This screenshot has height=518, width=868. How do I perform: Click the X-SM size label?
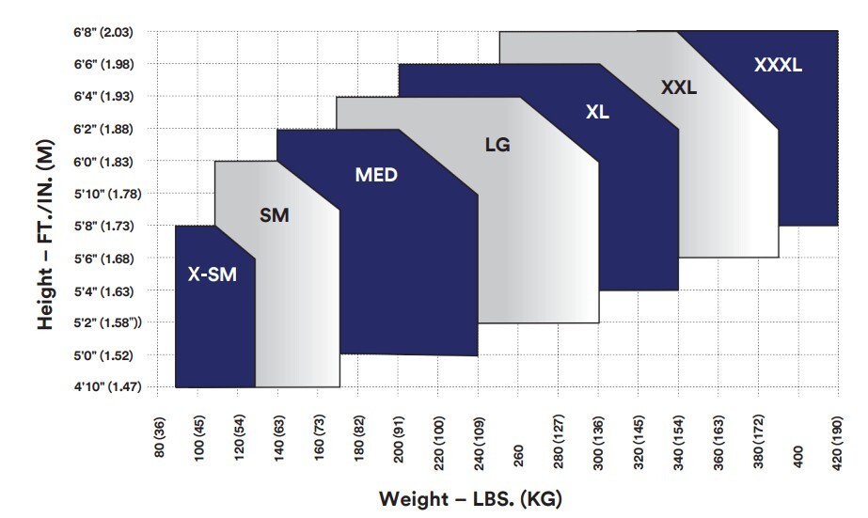click(213, 275)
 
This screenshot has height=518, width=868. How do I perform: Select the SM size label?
click(274, 216)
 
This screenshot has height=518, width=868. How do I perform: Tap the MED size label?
click(376, 175)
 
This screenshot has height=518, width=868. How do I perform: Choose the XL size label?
click(597, 112)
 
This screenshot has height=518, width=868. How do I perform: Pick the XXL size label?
click(678, 87)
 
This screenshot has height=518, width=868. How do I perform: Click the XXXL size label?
click(779, 65)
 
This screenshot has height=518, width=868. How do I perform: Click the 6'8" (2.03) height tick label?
click(103, 32)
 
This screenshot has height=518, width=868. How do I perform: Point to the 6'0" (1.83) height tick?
click(103, 162)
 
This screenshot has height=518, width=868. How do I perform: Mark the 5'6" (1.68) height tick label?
click(103, 259)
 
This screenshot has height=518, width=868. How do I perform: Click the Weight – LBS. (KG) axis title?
click(470, 497)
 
